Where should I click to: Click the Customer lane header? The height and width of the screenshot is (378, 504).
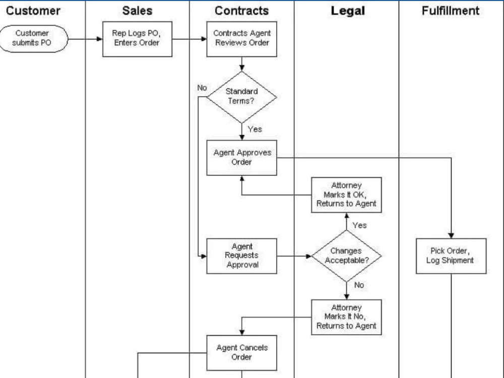(x=33, y=11)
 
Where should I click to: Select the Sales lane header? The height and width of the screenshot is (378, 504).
(x=137, y=11)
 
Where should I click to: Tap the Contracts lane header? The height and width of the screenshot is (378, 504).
(x=241, y=11)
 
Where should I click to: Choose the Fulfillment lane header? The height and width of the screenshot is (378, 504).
(x=451, y=11)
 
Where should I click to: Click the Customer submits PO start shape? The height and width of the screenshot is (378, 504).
(x=32, y=38)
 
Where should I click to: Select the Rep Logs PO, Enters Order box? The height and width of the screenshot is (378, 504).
(x=137, y=38)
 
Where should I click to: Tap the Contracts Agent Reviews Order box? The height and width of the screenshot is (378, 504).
(x=242, y=38)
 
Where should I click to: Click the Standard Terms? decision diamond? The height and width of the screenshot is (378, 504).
(x=242, y=96)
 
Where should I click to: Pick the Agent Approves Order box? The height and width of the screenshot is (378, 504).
(x=242, y=158)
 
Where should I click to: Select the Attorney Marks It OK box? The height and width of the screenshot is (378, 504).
(x=346, y=195)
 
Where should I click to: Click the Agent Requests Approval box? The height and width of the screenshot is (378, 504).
(x=242, y=256)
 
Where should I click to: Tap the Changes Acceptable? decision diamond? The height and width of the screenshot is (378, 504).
(x=346, y=256)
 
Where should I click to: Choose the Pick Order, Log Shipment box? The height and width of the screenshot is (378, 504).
(x=451, y=256)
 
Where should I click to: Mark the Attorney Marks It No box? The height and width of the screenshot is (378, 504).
(x=346, y=317)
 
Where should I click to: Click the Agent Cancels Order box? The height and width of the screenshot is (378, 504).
(x=242, y=352)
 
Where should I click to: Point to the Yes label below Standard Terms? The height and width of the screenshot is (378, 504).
(x=255, y=130)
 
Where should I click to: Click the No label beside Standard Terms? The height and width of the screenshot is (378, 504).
(x=202, y=88)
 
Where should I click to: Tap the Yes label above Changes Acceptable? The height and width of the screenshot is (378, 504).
(x=359, y=225)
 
